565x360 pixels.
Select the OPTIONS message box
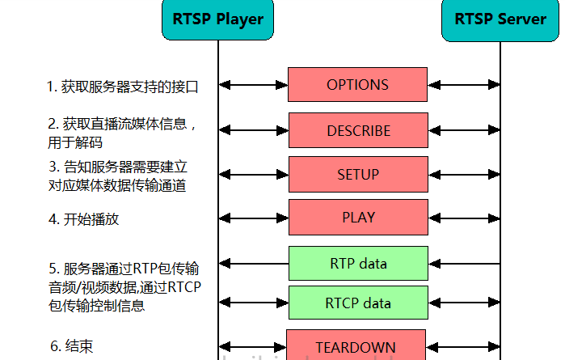(x=357, y=85)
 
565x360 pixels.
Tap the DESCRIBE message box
(x=358, y=130)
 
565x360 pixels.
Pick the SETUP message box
(x=358, y=175)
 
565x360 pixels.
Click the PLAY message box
(x=358, y=217)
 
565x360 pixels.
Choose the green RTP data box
(x=358, y=264)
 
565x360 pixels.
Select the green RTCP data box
(x=358, y=303)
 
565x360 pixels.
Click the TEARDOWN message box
(x=356, y=347)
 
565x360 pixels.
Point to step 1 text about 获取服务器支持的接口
(x=122, y=87)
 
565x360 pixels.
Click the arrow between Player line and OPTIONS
(x=253, y=85)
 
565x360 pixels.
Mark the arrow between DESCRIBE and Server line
(x=464, y=129)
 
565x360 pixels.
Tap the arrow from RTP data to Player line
(x=253, y=264)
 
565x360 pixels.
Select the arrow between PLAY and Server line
(x=464, y=217)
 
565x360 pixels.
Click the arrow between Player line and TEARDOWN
(x=252, y=347)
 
